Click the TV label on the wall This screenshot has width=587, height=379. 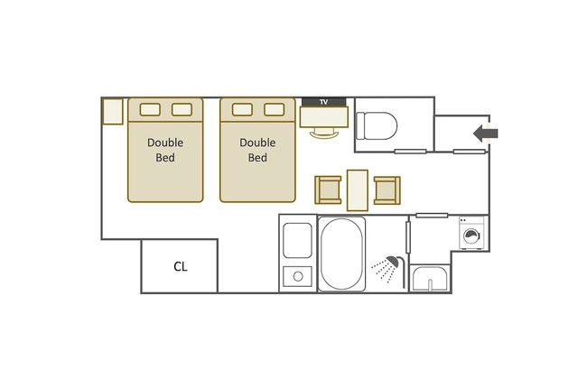(x=324, y=102)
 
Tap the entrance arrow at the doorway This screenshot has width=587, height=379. (x=486, y=134)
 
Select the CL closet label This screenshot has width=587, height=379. (x=180, y=266)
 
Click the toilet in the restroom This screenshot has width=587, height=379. (x=377, y=126)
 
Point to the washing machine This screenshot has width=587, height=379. (x=471, y=233)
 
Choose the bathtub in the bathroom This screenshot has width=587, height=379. (x=341, y=254)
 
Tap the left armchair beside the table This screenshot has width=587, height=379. (x=328, y=190)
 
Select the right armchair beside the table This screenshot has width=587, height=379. (x=387, y=190)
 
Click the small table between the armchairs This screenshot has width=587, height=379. (x=358, y=190)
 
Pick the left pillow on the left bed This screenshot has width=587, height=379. (x=150, y=109)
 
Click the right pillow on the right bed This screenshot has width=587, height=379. (x=274, y=109)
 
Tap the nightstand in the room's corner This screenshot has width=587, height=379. (x=113, y=112)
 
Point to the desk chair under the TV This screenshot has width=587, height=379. (x=324, y=133)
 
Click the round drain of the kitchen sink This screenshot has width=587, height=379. (x=298, y=276)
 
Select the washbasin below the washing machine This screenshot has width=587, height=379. (x=430, y=278)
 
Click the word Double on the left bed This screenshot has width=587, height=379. (x=165, y=143)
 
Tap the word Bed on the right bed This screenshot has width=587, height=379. (x=257, y=158)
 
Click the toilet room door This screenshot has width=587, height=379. (x=410, y=152)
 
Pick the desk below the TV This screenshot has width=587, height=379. (x=324, y=116)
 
